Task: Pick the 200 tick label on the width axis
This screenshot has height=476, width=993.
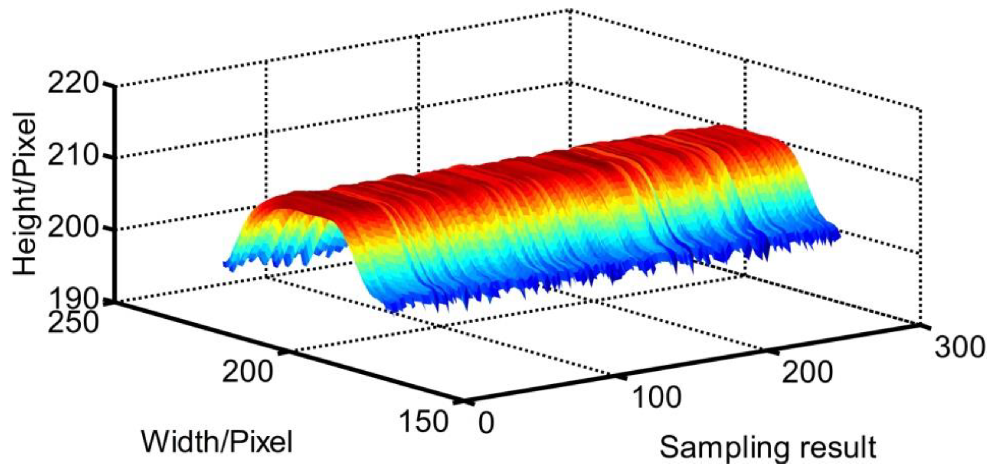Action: [x=247, y=371]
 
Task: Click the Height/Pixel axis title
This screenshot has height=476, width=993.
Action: [x=25, y=194]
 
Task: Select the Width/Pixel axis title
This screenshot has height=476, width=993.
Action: [x=217, y=442]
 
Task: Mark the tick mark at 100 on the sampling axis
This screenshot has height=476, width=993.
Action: [x=617, y=375]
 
